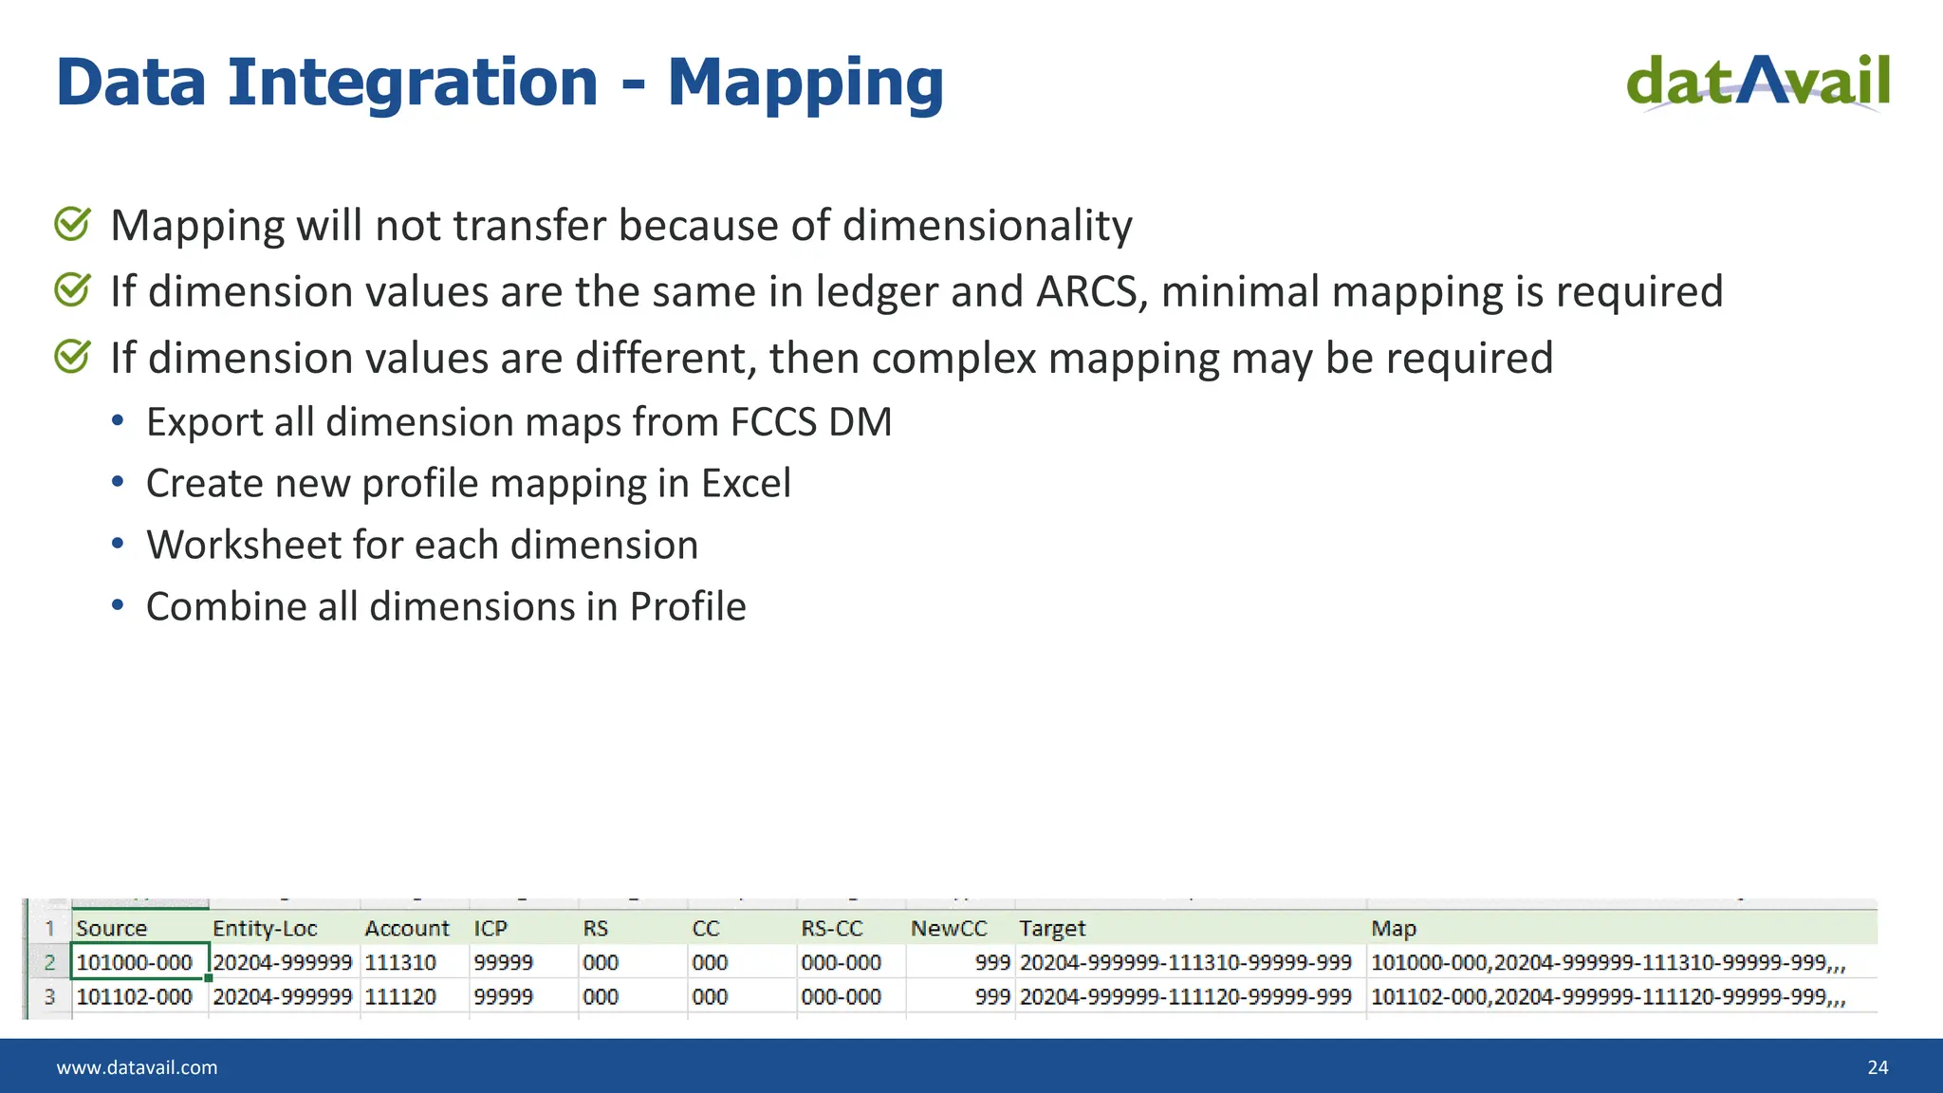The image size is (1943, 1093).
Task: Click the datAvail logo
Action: pyautogui.click(x=1758, y=82)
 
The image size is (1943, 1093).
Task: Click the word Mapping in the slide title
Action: pyautogui.click(x=805, y=83)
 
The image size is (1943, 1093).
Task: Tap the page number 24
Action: pyautogui.click(x=1878, y=1067)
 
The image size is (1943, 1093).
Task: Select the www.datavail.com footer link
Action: pyautogui.click(x=137, y=1067)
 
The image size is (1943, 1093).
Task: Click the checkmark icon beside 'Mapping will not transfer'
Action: pyautogui.click(x=73, y=225)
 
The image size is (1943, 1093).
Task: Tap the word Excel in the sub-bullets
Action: pyautogui.click(x=746, y=483)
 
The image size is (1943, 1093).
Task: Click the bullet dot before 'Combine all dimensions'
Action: pyautogui.click(x=118, y=605)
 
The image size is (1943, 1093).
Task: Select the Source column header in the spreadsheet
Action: pyautogui.click(x=112, y=928)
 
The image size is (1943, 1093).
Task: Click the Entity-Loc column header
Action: pyautogui.click(x=265, y=928)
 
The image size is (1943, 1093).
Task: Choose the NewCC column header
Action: pyautogui.click(x=949, y=928)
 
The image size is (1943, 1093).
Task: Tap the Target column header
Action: pyautogui.click(x=1052, y=928)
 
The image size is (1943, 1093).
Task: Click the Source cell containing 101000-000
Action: pyautogui.click(x=135, y=962)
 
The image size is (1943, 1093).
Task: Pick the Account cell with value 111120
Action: pyautogui.click(x=400, y=997)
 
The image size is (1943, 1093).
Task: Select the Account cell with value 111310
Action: pyautogui.click(x=400, y=962)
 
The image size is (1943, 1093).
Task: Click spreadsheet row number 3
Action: pyautogui.click(x=49, y=997)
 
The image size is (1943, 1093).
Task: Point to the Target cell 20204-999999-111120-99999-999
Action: pyautogui.click(x=1185, y=997)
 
